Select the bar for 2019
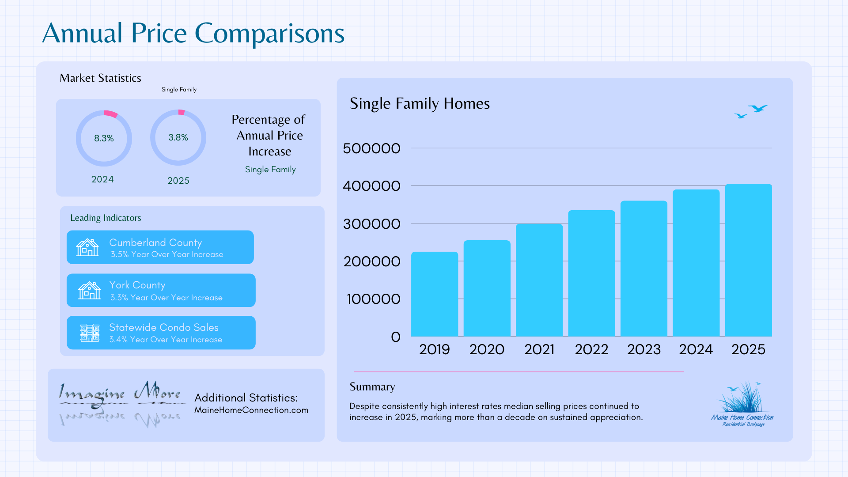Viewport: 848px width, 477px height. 435,294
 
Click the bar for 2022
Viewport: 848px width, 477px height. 591,273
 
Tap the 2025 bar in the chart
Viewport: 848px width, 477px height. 748,260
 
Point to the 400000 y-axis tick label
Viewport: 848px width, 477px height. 371,186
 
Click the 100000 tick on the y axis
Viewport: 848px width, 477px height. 373,299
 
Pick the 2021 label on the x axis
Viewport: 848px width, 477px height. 539,349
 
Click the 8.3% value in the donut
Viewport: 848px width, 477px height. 104,138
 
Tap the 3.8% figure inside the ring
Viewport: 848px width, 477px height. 178,137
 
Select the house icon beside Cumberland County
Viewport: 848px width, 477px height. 87,247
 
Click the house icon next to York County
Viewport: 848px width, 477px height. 89,291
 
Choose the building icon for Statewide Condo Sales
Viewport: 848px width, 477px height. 90,333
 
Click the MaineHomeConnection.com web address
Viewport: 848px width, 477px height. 251,410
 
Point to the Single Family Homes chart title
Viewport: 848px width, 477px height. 420,103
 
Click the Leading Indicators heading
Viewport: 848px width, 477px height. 106,218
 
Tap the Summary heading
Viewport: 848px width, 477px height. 372,386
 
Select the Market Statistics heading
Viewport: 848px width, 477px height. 100,78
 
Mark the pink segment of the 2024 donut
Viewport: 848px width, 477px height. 111,114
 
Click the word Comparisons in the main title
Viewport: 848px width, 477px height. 269,34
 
